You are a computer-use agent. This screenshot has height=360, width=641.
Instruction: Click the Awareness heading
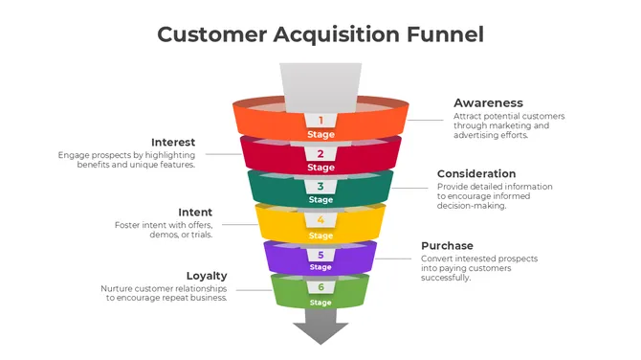tap(488, 102)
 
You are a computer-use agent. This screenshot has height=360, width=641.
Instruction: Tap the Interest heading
tap(173, 143)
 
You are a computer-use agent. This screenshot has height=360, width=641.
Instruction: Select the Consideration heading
tap(476, 174)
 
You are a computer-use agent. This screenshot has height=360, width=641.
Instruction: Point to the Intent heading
tap(195, 213)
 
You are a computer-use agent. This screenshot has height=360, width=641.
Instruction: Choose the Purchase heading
tap(447, 246)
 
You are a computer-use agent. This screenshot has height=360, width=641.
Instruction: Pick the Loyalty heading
tap(207, 276)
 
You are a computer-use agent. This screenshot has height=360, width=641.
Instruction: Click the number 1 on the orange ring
tap(320, 121)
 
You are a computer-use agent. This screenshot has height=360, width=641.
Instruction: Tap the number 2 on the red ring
tap(320, 153)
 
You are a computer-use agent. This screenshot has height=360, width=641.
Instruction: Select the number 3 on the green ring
tap(320, 187)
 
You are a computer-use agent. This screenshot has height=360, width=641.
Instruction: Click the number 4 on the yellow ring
tap(320, 221)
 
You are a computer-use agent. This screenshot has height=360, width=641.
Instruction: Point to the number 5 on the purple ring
tap(320, 256)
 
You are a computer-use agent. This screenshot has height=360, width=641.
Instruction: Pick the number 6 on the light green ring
tap(320, 288)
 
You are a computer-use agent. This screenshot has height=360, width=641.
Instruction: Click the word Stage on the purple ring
tap(320, 270)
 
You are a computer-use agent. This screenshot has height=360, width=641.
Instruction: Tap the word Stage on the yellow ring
tap(320, 236)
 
